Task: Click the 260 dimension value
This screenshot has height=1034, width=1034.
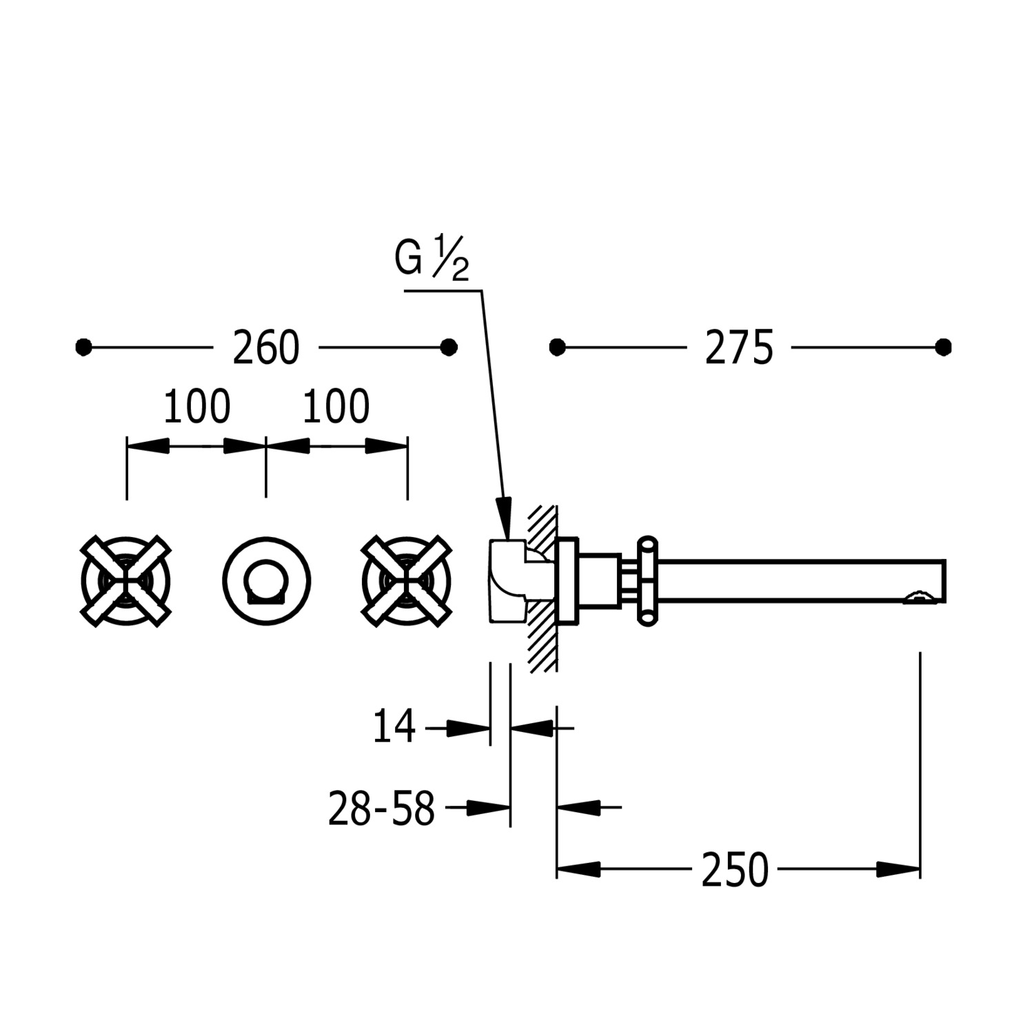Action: coord(266,347)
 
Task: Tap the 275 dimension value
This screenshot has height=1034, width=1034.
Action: coord(739,347)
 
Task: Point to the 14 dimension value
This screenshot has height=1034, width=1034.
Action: coord(394,727)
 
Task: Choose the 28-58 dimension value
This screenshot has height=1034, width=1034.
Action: coord(381,809)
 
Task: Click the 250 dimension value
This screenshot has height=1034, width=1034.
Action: coord(735,870)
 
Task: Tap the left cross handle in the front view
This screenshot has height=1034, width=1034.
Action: coord(125,580)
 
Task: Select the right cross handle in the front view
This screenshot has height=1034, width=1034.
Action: coord(407,580)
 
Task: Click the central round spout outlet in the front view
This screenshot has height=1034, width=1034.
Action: coord(266,581)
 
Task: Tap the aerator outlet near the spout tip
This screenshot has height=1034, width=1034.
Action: coord(917,597)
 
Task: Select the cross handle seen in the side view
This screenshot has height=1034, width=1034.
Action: coord(647,581)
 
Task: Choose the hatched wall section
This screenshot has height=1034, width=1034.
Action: coord(543,588)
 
